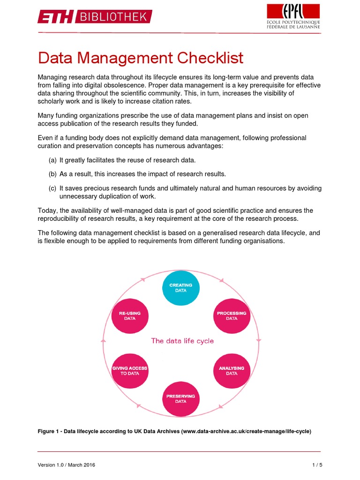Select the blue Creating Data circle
click(x=180, y=288)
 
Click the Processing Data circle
click(x=232, y=315)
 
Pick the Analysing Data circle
click(x=232, y=371)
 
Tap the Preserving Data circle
click(x=180, y=398)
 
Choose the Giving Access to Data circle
click(x=130, y=371)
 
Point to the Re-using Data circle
click(x=130, y=315)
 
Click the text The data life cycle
click(x=182, y=341)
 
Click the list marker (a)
click(x=52, y=160)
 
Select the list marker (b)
click(x=52, y=174)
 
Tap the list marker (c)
click(x=52, y=188)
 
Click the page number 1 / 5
click(x=317, y=465)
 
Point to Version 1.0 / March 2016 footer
click(x=67, y=465)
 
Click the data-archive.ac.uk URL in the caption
click(x=247, y=431)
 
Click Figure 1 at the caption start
click(x=49, y=431)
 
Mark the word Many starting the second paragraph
click(x=46, y=115)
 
